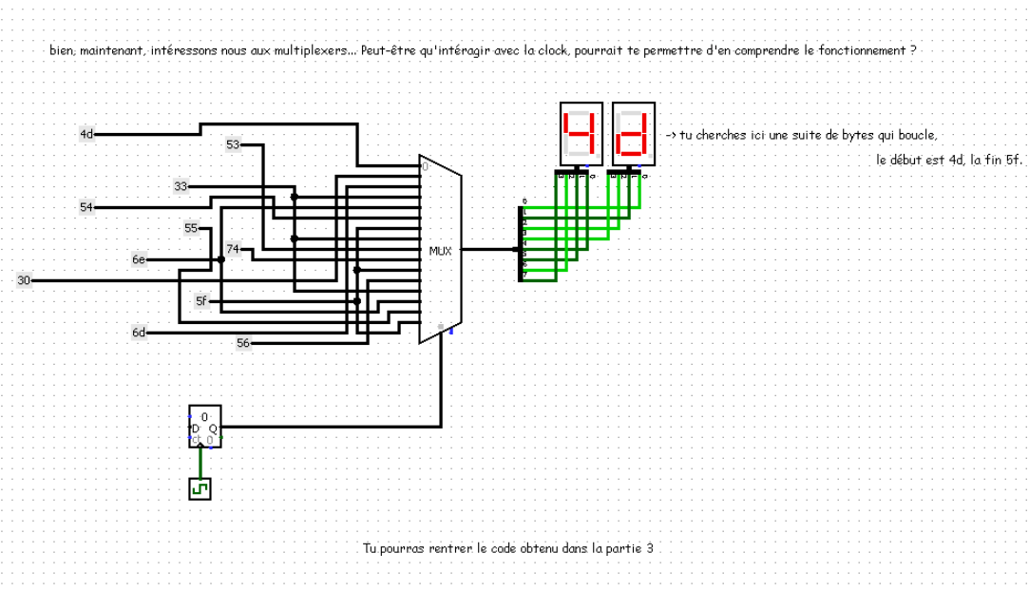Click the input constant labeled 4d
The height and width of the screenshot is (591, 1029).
[x=86, y=134]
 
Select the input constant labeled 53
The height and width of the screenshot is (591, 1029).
[x=233, y=144]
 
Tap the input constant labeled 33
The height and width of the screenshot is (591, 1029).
[x=181, y=186]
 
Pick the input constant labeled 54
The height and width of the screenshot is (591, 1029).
[x=86, y=206]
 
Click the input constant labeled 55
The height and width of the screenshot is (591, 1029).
[x=191, y=228]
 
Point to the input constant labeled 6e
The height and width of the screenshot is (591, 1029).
[x=139, y=258]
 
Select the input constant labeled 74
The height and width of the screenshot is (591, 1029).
[x=233, y=249]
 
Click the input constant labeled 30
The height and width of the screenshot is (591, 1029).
[x=24, y=279]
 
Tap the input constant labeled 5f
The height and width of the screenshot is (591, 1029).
[x=201, y=300]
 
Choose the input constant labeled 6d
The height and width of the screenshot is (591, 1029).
[x=139, y=332]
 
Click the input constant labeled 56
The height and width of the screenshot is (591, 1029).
[x=243, y=342]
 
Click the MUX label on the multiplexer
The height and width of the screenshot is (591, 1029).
[x=440, y=251]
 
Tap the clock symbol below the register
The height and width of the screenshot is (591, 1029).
[x=200, y=488]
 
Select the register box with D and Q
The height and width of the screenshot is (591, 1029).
[x=204, y=427]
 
